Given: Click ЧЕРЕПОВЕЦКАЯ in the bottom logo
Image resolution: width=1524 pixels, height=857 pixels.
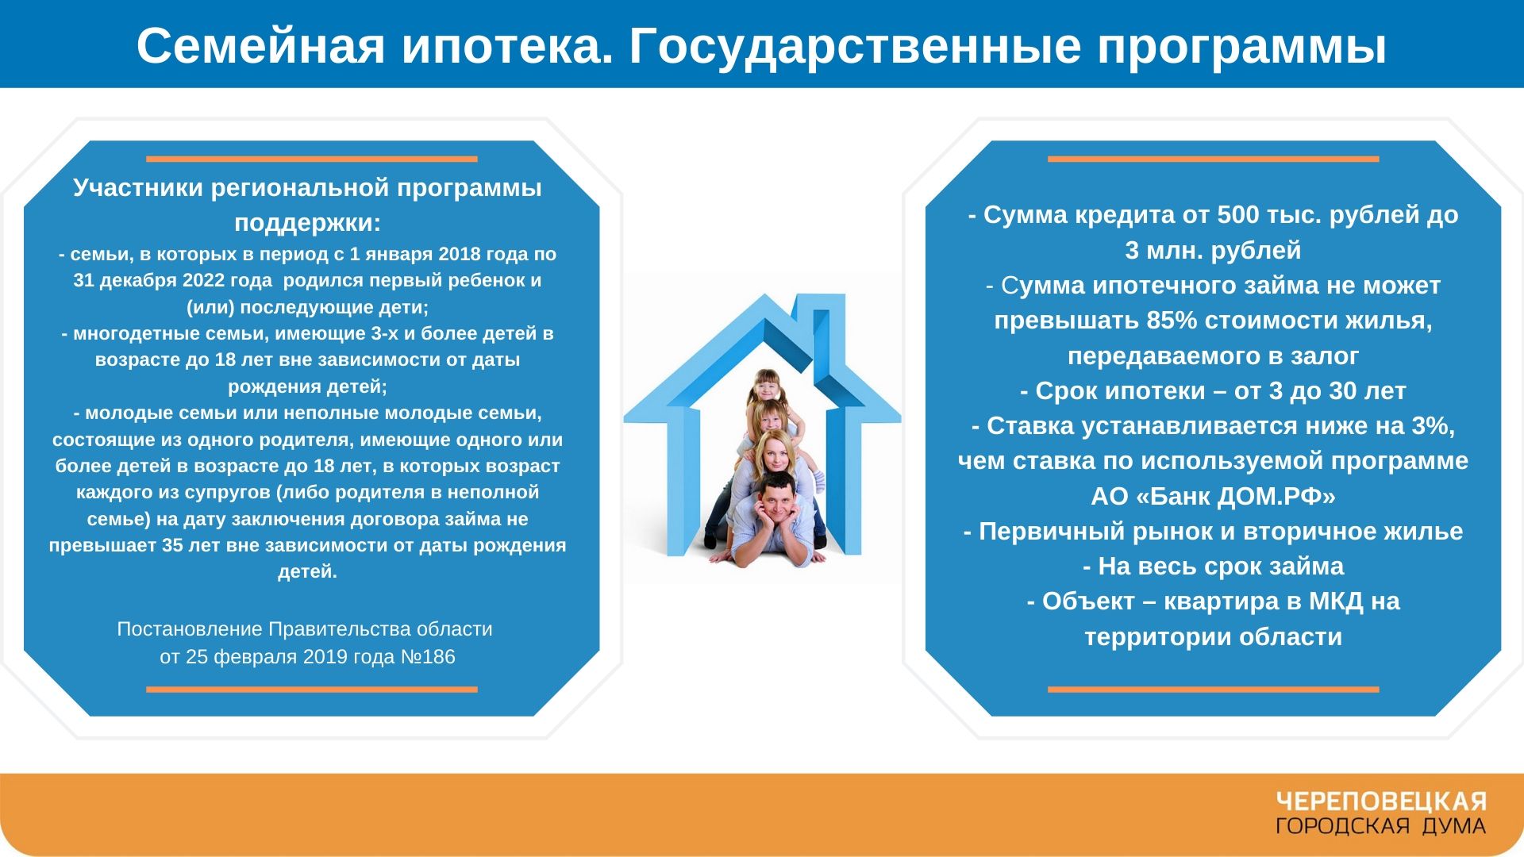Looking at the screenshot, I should [x=1380, y=802].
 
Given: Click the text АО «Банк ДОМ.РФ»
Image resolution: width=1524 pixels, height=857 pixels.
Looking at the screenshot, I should [x=1213, y=497].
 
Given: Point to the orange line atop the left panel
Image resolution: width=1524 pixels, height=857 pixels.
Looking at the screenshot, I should [x=311, y=159].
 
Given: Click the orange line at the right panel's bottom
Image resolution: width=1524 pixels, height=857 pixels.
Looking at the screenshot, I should [x=1213, y=690].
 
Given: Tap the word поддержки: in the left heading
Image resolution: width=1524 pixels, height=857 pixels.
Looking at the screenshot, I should [x=307, y=224].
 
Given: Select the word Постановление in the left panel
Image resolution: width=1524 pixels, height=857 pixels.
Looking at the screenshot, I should [x=190, y=629].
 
